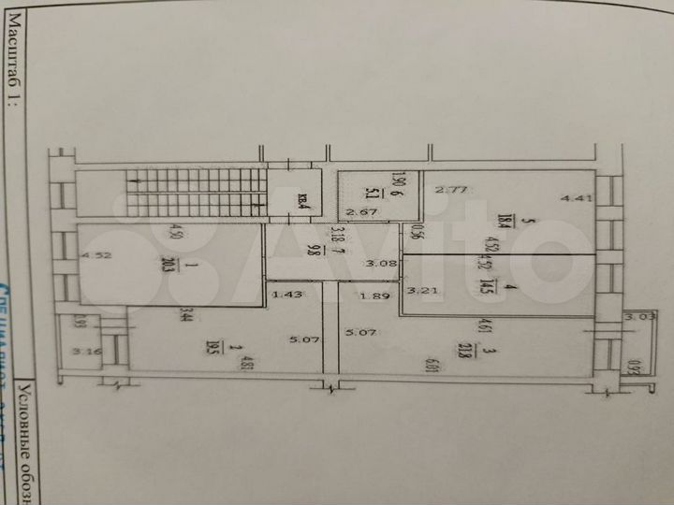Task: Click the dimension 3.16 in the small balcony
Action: pos(88,353)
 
